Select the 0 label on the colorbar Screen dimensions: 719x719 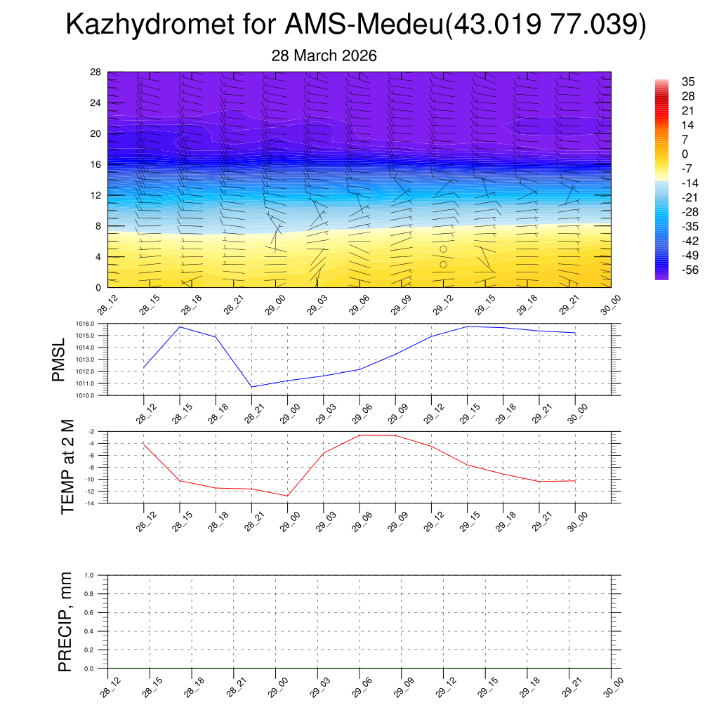685,154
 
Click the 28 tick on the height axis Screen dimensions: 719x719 95,72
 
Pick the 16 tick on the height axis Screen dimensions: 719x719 95,164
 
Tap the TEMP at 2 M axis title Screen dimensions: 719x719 67,467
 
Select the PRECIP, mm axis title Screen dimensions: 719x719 65,622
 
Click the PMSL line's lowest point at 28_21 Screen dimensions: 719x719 252,387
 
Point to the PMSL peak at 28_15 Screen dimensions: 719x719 180,327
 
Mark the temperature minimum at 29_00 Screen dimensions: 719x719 287,496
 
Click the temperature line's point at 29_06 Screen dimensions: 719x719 359,435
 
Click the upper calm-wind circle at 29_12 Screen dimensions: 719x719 443,249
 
